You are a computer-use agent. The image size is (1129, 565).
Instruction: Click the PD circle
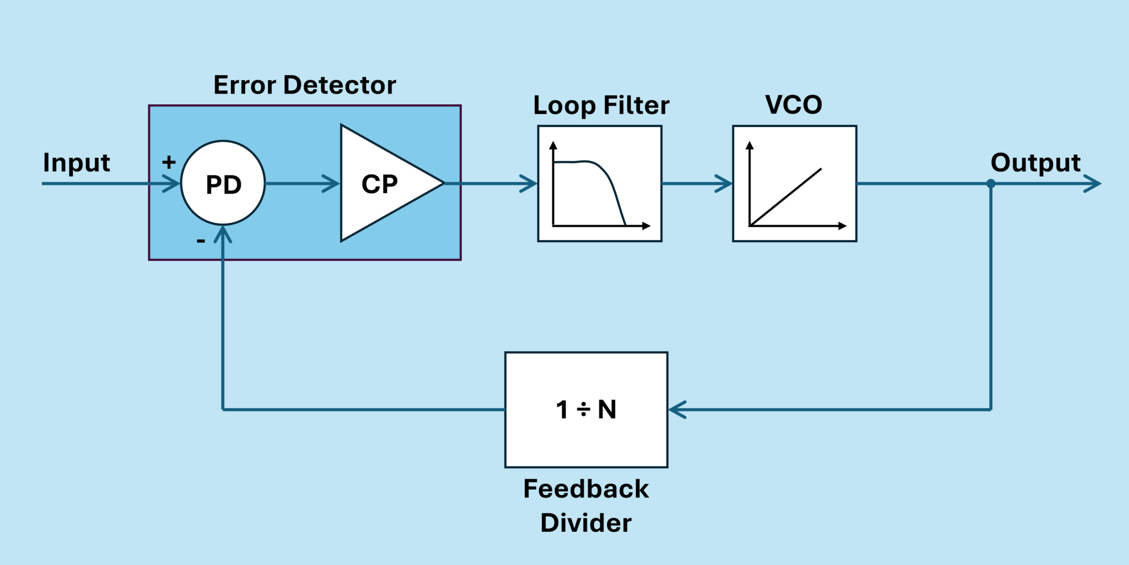(223, 184)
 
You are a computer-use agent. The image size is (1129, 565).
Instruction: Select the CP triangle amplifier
(380, 184)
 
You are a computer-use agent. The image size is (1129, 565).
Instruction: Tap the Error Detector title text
(304, 85)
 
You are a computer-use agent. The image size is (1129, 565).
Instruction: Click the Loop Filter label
(601, 105)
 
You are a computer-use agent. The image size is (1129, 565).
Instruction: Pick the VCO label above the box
(793, 105)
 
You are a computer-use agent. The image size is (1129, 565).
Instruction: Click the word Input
(77, 163)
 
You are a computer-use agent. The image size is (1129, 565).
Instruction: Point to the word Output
(1035, 163)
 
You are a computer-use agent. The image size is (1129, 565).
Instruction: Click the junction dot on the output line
(991, 184)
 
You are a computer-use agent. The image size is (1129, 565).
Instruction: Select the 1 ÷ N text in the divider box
(586, 409)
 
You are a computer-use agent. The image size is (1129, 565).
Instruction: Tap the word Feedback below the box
(586, 489)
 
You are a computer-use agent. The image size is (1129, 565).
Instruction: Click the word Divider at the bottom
(586, 523)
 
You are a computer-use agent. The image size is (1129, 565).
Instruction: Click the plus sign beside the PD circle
(169, 162)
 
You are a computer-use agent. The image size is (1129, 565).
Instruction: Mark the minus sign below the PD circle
(201, 241)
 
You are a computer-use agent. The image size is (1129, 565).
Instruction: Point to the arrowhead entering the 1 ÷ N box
(677, 409)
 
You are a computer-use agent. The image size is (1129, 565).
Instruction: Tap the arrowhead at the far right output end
(1093, 184)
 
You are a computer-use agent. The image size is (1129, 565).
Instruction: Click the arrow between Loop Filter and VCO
(722, 184)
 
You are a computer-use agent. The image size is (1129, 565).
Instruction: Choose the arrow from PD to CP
(330, 184)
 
